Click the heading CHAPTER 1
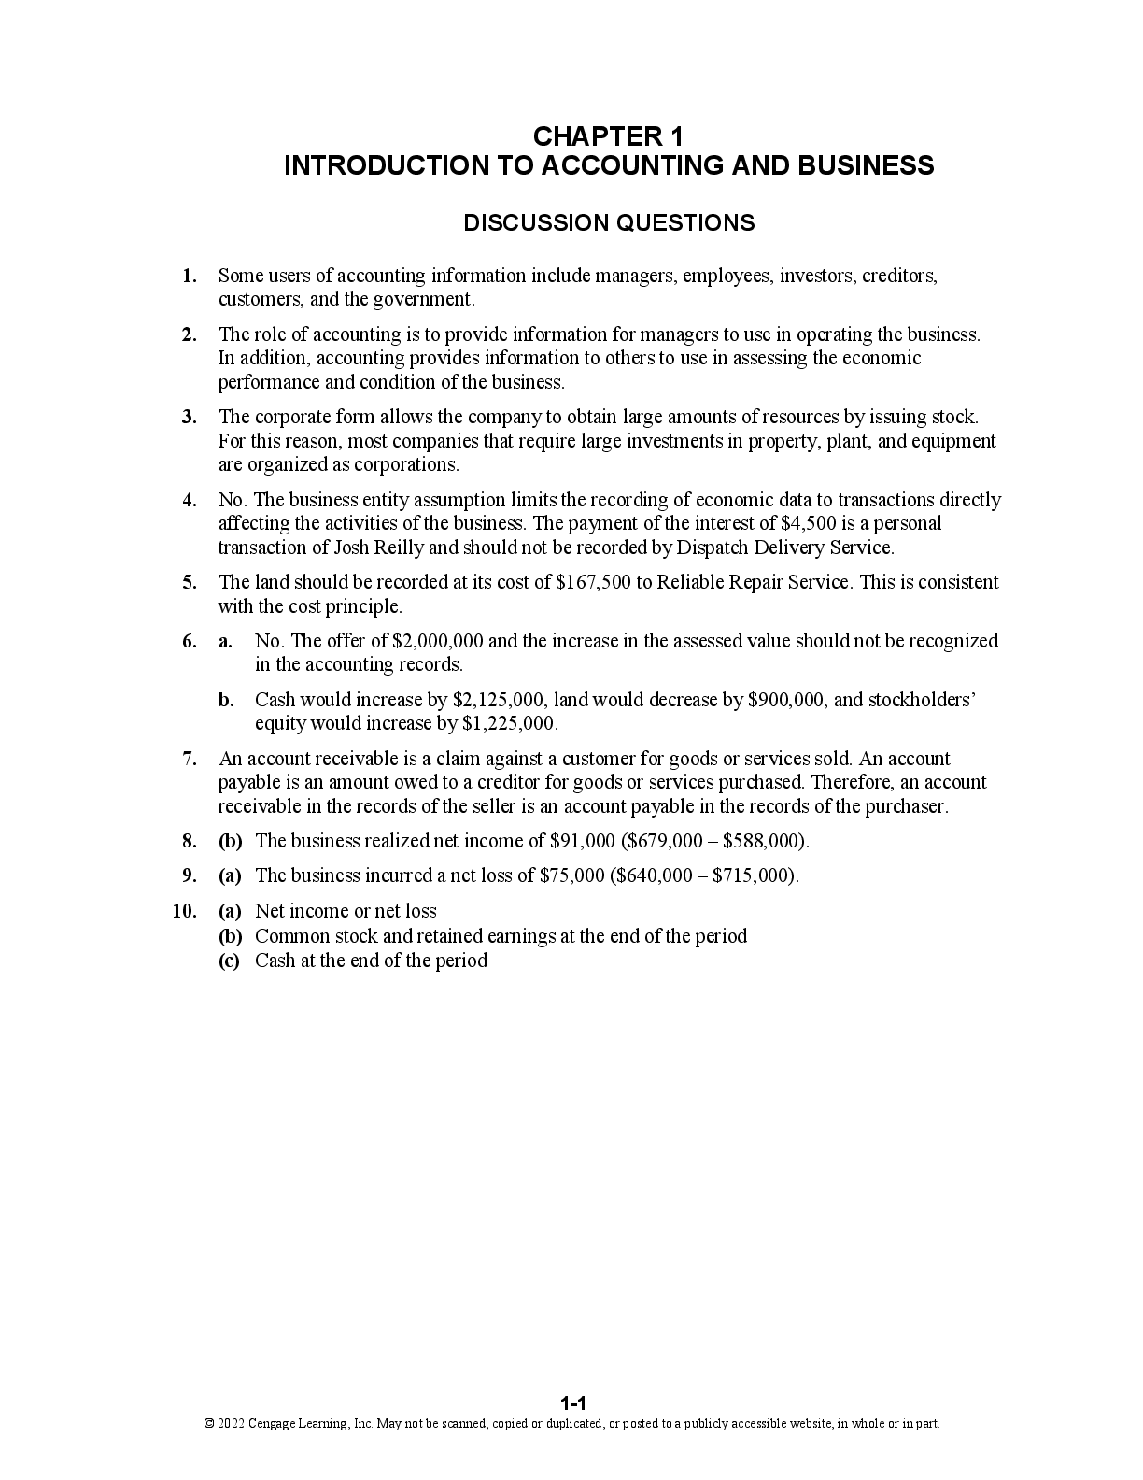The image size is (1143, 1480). click(x=608, y=136)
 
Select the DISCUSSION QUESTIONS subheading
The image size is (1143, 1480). click(x=609, y=223)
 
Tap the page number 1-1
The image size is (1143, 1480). click(x=572, y=1402)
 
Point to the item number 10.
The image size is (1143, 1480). click(x=184, y=911)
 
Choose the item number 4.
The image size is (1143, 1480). click(x=190, y=500)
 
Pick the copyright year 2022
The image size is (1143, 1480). click(x=231, y=1424)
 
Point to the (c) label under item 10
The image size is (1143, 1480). click(x=230, y=961)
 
